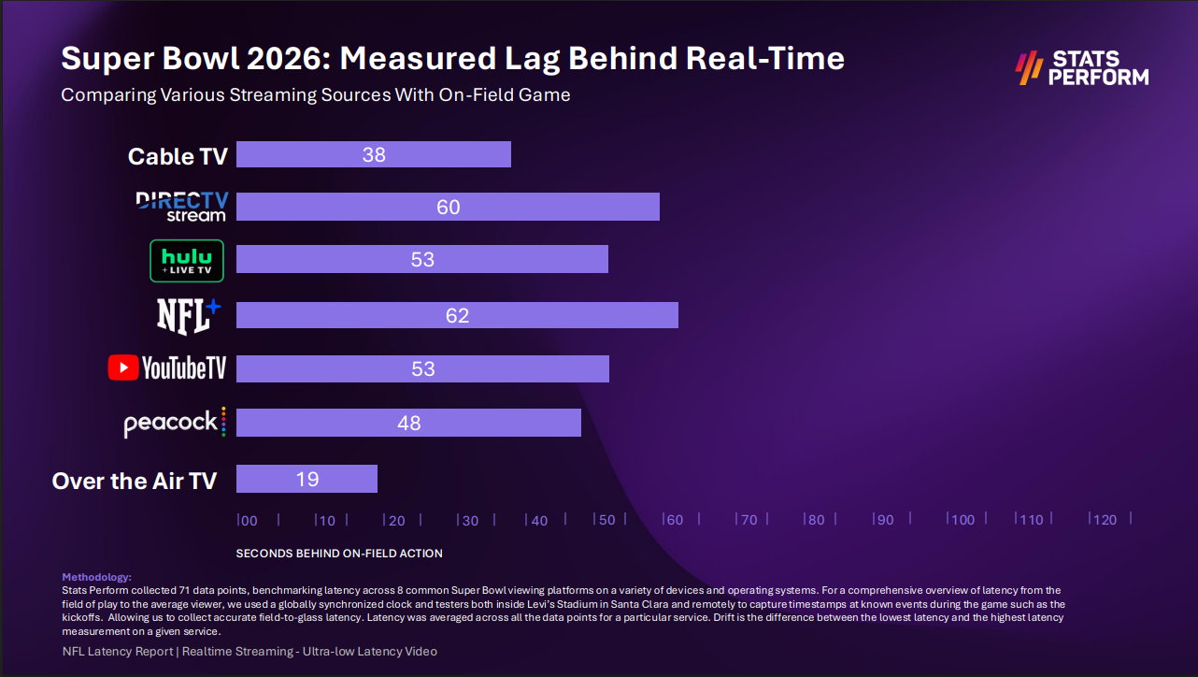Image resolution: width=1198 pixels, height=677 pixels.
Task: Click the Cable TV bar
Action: pos(373,154)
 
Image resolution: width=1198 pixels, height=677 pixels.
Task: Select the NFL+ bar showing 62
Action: pos(457,315)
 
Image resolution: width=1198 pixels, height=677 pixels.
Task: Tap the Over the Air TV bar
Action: pos(307,479)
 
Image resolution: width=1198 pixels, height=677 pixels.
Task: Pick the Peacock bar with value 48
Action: pos(408,423)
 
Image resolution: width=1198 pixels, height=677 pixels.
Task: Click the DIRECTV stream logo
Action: pos(181,207)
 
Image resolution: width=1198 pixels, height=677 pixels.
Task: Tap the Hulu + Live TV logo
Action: pos(187,261)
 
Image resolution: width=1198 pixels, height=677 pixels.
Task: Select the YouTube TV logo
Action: pos(167,368)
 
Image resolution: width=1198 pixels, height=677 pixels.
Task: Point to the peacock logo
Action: pos(175,423)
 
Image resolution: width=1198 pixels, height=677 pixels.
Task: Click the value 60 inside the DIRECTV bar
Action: pos(449,207)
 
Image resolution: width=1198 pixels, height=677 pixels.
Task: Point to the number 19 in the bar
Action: pos(307,479)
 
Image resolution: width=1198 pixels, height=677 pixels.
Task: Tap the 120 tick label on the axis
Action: pos(1105,520)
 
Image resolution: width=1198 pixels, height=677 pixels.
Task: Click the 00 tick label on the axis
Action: pos(249,520)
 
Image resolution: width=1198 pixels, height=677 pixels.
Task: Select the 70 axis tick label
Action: pos(748,520)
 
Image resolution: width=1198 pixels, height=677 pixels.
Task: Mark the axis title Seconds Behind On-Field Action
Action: pos(339,553)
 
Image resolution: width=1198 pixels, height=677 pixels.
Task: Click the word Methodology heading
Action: pos(96,577)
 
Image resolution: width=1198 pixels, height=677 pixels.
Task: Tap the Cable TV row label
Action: pos(178,156)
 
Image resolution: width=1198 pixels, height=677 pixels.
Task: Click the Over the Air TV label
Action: pos(135,481)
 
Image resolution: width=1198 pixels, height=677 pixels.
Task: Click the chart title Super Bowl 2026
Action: pos(452,58)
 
